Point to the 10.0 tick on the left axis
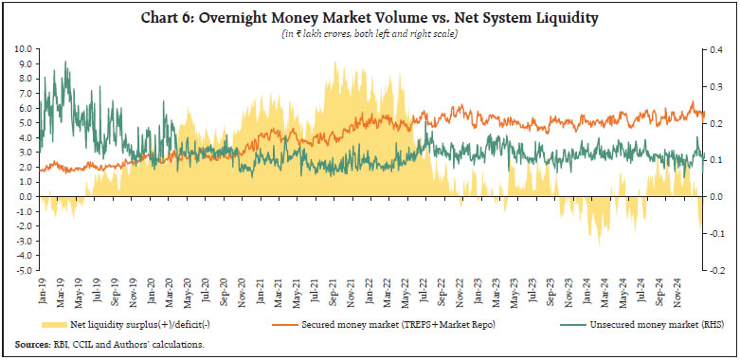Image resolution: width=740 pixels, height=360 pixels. tap(23, 48)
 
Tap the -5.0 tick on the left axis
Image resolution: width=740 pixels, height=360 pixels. tap(22, 270)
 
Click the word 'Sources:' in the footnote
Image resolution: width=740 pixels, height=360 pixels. tap(33, 343)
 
